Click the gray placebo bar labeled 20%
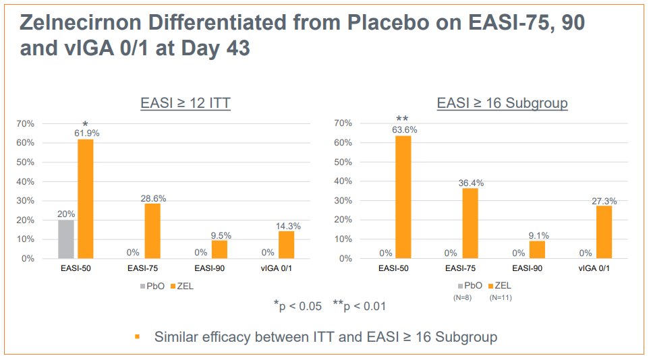[x=66, y=239]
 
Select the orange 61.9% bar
[x=86, y=199]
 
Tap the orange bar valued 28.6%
[x=152, y=231]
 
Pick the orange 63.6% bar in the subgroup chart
[x=403, y=197]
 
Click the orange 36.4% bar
[x=470, y=224]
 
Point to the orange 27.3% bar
[x=604, y=233]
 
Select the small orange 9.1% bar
[x=537, y=249]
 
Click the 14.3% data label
[x=288, y=226]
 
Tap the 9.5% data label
[x=221, y=235]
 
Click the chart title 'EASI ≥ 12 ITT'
[x=186, y=103]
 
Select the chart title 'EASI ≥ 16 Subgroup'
[x=503, y=103]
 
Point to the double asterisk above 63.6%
[x=402, y=119]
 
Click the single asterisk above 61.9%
[x=85, y=123]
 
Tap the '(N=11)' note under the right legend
[x=501, y=297]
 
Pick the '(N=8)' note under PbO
[x=462, y=297]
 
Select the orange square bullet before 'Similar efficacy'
[x=138, y=337]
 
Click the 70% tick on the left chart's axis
[x=26, y=123]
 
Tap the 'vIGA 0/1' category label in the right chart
[x=594, y=268]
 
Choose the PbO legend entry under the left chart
[x=152, y=286]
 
